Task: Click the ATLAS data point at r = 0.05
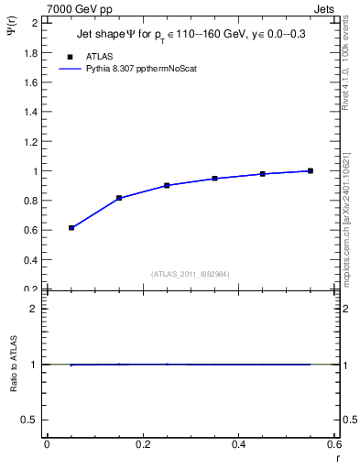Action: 71,227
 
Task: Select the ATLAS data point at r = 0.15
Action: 119,198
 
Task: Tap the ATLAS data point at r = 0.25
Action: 167,185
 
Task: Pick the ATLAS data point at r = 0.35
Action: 214,178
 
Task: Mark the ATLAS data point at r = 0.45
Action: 263,173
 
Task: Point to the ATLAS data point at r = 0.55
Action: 311,170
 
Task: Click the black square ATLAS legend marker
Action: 69,56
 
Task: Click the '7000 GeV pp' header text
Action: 79,8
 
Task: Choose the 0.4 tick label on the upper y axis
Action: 33,259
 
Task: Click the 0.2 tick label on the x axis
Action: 142,445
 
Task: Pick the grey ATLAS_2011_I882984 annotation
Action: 191,273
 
